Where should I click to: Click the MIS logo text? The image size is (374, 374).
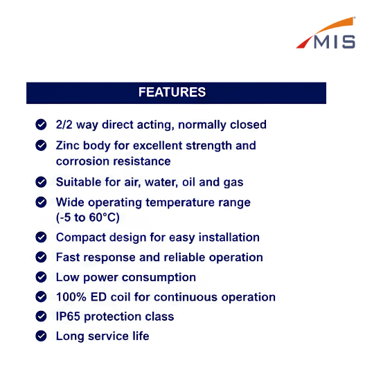[x=335, y=42]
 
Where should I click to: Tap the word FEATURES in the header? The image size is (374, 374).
[x=172, y=92]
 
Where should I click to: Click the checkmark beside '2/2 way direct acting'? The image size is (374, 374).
[x=41, y=124]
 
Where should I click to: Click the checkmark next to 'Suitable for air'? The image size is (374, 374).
[x=41, y=182]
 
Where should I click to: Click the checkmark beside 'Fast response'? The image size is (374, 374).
[x=41, y=257]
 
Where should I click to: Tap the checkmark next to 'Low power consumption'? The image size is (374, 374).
[x=41, y=277]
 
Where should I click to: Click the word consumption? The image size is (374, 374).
[x=159, y=278]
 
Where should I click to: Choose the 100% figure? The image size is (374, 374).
[x=71, y=297]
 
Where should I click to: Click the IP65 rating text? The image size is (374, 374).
[x=68, y=317]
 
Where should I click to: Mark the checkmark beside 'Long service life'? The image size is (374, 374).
[x=41, y=336]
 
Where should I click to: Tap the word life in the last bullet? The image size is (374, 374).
[x=141, y=336]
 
